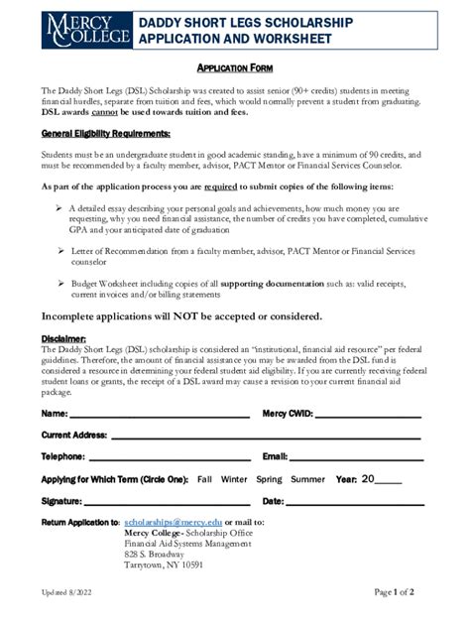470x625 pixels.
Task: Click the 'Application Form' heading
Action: pos(234,67)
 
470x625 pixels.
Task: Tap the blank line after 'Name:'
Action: pos(159,415)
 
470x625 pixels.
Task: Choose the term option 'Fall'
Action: pos(204,480)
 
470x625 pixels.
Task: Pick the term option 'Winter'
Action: pos(234,480)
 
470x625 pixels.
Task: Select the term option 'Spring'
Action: pos(269,480)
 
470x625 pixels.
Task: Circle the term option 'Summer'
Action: pos(307,480)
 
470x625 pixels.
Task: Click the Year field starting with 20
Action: pos(382,480)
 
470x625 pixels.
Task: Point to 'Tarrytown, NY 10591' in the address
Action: pos(164,565)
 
